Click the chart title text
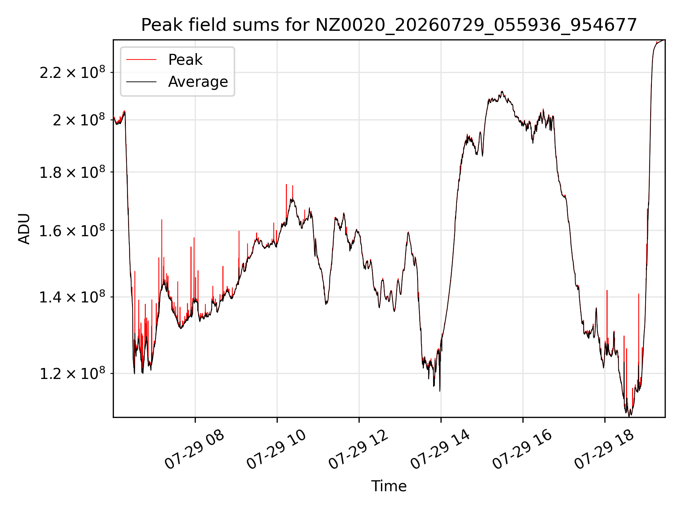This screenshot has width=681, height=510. click(389, 25)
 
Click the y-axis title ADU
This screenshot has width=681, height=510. click(24, 229)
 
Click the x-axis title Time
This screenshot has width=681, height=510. click(389, 486)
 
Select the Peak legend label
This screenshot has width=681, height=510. click(185, 59)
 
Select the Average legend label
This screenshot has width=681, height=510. click(198, 81)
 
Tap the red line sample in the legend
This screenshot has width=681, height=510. click(141, 59)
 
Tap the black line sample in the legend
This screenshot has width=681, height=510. click(141, 82)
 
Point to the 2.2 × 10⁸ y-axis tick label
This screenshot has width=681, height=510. click(72, 72)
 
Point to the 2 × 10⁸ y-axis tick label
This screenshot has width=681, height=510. click(79, 120)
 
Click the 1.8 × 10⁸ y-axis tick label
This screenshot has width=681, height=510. click(72, 172)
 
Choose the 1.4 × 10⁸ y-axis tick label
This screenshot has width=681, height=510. click(72, 297)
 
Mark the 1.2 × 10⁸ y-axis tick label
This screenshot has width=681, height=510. click(72, 373)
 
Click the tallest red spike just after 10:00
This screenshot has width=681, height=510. click(286, 202)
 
